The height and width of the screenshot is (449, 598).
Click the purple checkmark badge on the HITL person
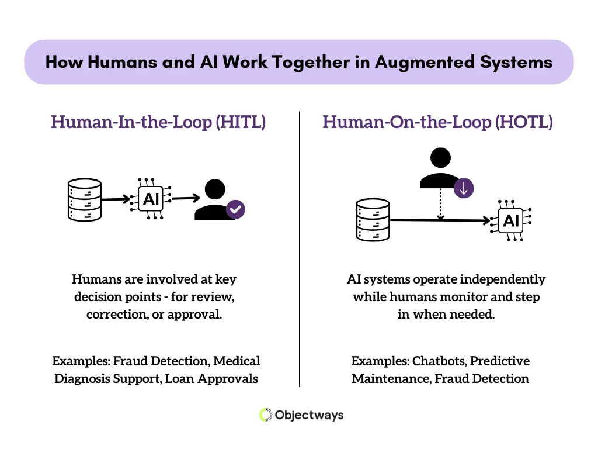point(235,209)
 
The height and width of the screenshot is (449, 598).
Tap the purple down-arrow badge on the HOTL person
point(464,188)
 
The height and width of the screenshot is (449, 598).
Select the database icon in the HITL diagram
point(85,200)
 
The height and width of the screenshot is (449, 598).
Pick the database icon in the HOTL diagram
point(373,220)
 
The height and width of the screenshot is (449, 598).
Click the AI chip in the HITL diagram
point(151,199)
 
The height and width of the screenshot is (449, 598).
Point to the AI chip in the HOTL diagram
point(511,220)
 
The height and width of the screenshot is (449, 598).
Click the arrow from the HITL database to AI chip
point(116,199)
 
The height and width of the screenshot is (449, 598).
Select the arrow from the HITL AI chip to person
point(186,198)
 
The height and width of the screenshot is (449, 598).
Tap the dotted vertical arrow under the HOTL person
point(440,204)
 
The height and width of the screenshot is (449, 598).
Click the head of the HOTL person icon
point(440,158)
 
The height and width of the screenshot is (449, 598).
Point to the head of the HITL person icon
point(215,189)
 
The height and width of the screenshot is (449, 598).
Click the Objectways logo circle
point(266,415)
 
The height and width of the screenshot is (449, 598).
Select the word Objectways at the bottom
point(310,415)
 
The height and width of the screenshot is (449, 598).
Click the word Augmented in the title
point(425,62)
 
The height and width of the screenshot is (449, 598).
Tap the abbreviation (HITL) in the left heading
point(241,122)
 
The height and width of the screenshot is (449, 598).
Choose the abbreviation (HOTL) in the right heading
point(524,122)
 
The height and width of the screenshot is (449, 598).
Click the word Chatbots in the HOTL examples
point(440,361)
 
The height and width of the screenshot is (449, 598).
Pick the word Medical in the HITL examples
point(237,361)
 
